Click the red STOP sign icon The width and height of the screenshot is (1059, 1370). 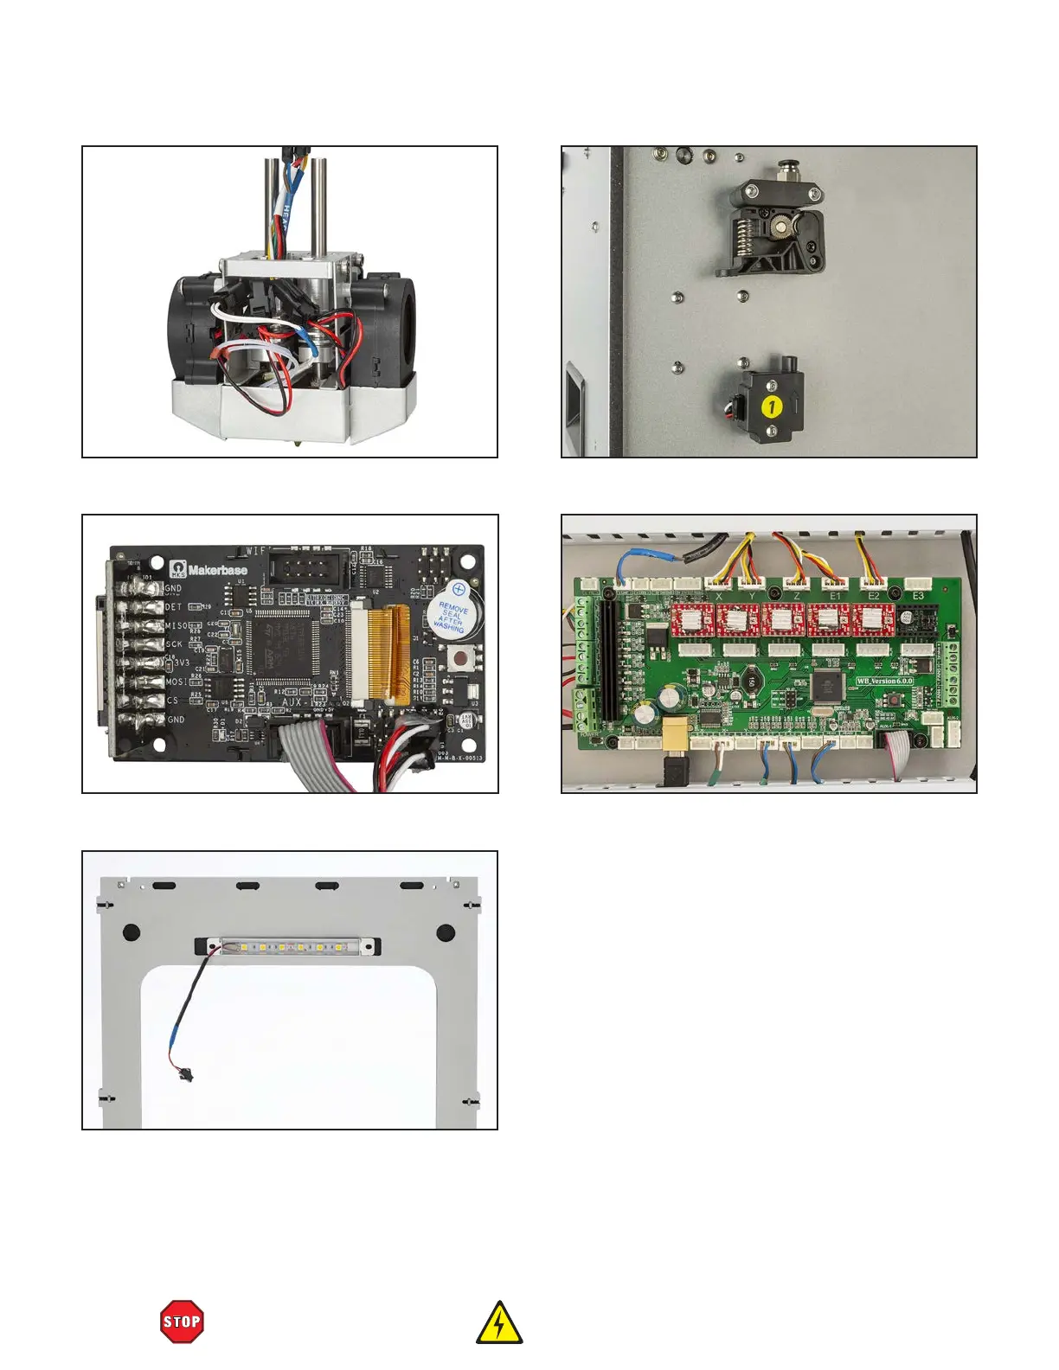click(x=183, y=1322)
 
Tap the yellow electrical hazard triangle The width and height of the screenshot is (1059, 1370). click(x=499, y=1324)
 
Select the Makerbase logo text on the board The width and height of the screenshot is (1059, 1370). click(x=217, y=570)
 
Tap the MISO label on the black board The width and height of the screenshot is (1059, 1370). click(x=176, y=625)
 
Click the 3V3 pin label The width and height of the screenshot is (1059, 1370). click(x=177, y=663)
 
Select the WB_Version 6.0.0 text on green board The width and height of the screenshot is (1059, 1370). click(x=884, y=681)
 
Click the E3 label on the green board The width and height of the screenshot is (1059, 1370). click(x=918, y=596)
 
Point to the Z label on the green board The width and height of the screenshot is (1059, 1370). click(x=797, y=596)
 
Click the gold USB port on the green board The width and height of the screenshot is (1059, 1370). click(x=675, y=732)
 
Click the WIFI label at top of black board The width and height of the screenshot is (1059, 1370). click(x=257, y=550)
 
